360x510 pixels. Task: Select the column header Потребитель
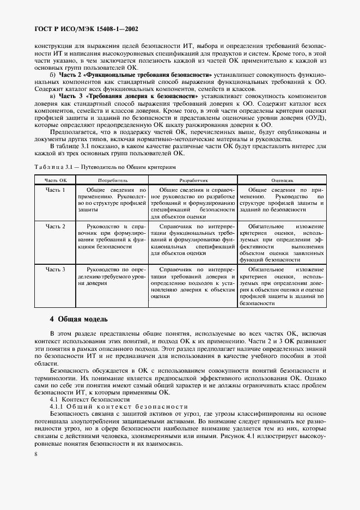(113, 179)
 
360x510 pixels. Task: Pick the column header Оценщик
(283, 179)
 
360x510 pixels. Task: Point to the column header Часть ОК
(56, 179)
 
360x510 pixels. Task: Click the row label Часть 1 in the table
(56, 190)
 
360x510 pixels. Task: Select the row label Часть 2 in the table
(56, 226)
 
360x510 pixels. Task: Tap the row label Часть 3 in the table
(56, 269)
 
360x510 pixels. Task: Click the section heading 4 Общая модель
(79, 319)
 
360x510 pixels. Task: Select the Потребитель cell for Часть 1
(113, 199)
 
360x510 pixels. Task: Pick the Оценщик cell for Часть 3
(283, 286)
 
